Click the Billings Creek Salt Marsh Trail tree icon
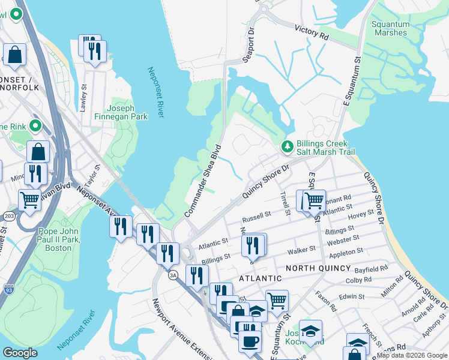point(288,146)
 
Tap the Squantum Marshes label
point(390,28)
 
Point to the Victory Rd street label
point(312,32)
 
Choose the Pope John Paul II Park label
point(63,239)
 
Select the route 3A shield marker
point(173,275)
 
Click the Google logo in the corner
point(20,353)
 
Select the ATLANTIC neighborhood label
point(260,278)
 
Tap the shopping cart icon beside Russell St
point(313,200)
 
